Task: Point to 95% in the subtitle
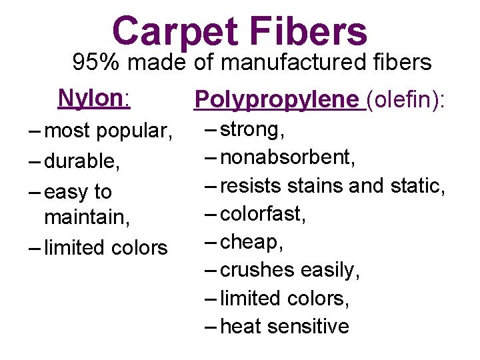(97, 63)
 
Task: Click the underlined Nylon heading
(92, 98)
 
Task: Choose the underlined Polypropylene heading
(276, 99)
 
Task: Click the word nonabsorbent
(287, 158)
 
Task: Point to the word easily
(331, 270)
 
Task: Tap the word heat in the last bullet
(237, 326)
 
